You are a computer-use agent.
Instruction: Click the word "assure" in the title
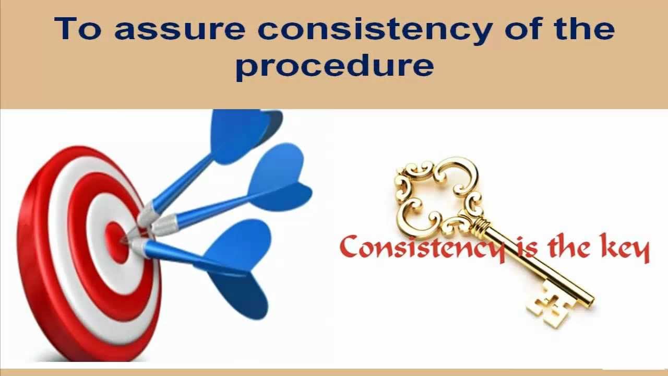(x=180, y=30)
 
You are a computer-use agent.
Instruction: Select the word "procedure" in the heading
(x=334, y=66)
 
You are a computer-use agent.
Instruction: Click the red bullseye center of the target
(x=115, y=240)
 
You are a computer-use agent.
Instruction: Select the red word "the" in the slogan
(x=570, y=248)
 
